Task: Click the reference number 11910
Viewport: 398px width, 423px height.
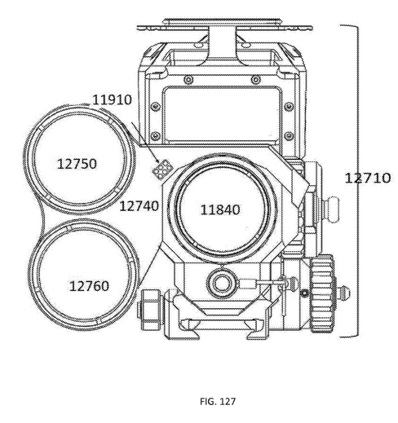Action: tap(112, 100)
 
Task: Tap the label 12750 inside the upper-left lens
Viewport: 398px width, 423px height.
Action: tap(77, 164)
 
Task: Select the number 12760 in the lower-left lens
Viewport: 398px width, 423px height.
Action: tap(89, 286)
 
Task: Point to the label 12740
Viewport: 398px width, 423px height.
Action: tap(139, 206)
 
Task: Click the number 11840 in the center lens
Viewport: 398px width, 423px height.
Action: tap(220, 209)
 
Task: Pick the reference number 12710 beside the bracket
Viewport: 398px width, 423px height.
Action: tap(368, 178)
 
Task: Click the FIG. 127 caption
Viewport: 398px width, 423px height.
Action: tap(218, 401)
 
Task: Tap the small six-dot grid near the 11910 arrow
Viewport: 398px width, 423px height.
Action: tap(161, 169)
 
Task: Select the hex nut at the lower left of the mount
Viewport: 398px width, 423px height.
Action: tap(150, 310)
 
